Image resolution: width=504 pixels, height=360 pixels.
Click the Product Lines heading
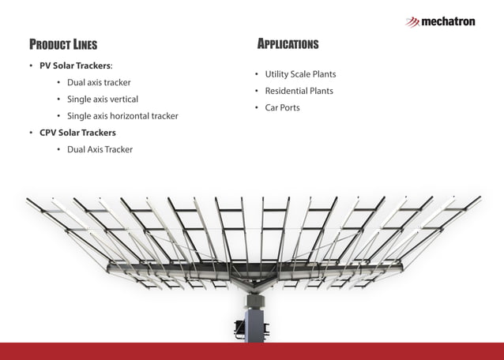(63, 44)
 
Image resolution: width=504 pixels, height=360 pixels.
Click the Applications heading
(288, 43)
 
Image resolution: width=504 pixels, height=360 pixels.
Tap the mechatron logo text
(448, 21)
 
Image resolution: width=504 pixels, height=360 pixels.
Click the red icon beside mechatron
(412, 22)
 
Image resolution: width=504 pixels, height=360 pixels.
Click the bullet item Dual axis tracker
(99, 82)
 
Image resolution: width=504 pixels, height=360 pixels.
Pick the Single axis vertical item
(103, 99)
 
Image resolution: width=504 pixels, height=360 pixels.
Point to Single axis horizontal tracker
(122, 116)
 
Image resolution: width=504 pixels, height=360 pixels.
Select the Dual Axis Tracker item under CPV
(100, 149)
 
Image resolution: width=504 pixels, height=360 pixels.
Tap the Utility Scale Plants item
(300, 74)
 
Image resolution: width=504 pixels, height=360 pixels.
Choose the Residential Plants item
(299, 91)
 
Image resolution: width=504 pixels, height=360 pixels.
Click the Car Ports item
(282, 107)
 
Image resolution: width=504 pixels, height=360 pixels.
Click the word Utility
(278, 74)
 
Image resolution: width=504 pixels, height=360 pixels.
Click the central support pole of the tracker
(254, 324)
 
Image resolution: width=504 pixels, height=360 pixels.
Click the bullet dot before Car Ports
(256, 107)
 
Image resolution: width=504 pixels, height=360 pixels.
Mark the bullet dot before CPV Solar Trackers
(31, 133)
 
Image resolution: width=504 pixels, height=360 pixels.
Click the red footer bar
(252, 351)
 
